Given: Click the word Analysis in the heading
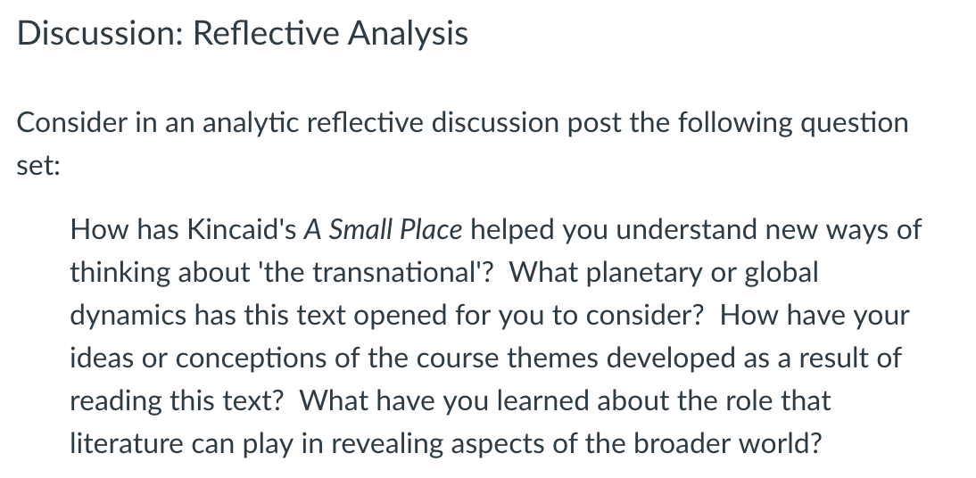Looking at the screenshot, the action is [x=408, y=34].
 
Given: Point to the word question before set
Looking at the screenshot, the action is [x=855, y=123].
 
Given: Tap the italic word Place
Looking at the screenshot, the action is [x=431, y=230].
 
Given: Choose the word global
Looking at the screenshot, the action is [x=782, y=274].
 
